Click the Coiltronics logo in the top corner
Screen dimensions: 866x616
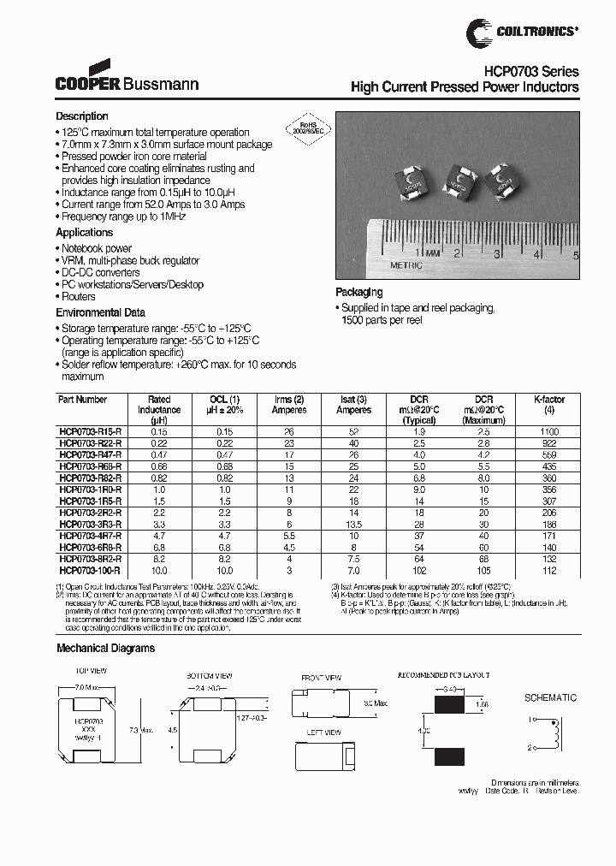click(522, 33)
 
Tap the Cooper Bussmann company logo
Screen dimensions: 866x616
click(127, 78)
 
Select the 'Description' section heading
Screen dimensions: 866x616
click(82, 116)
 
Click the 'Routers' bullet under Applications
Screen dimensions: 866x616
click(78, 297)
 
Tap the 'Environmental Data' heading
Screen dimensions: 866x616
click(100, 313)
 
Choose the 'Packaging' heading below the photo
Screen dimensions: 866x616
click(358, 293)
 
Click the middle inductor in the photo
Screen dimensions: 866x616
click(456, 182)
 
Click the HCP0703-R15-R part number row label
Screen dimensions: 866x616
click(90, 432)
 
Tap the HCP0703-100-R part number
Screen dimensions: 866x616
click(90, 570)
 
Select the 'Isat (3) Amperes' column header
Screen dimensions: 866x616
click(352, 405)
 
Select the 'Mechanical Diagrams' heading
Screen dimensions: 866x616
click(105, 649)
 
